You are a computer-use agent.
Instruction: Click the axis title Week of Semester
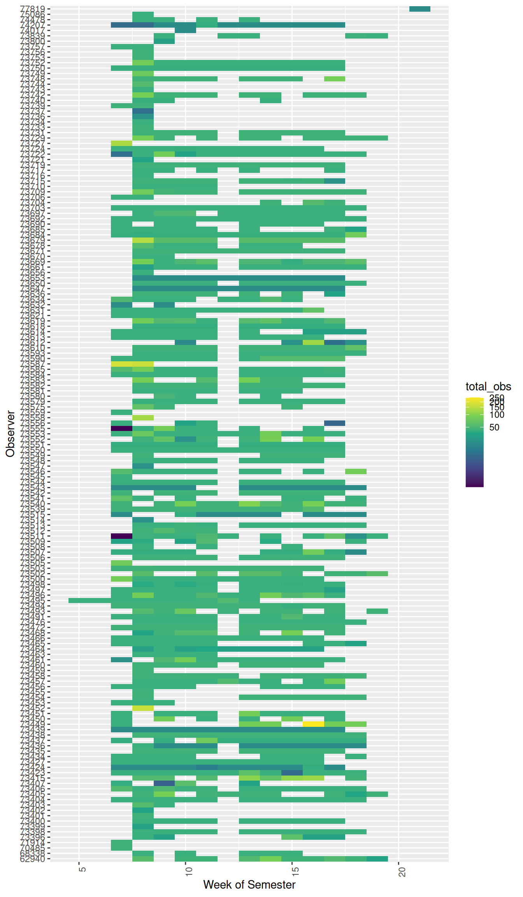pyautogui.click(x=249, y=885)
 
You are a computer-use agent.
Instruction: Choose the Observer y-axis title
pyautogui.click(x=10, y=434)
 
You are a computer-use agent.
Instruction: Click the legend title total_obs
pyautogui.click(x=488, y=387)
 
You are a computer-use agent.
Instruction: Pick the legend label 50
pyautogui.click(x=494, y=427)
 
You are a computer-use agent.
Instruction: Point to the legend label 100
pyautogui.click(x=497, y=415)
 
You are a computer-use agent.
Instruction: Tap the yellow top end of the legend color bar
pyautogui.click(x=474, y=399)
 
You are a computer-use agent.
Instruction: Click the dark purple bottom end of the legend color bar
pyautogui.click(x=474, y=485)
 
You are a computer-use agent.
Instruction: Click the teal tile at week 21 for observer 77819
pyautogui.click(x=419, y=9)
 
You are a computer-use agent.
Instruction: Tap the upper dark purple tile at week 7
pyautogui.click(x=121, y=428)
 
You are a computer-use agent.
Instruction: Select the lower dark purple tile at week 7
pyautogui.click(x=121, y=536)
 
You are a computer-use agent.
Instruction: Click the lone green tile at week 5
pyautogui.click(x=90, y=600)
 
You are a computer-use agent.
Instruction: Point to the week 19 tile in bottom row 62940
pyautogui.click(x=377, y=859)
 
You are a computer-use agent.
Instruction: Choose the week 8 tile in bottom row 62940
pyautogui.click(x=143, y=859)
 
